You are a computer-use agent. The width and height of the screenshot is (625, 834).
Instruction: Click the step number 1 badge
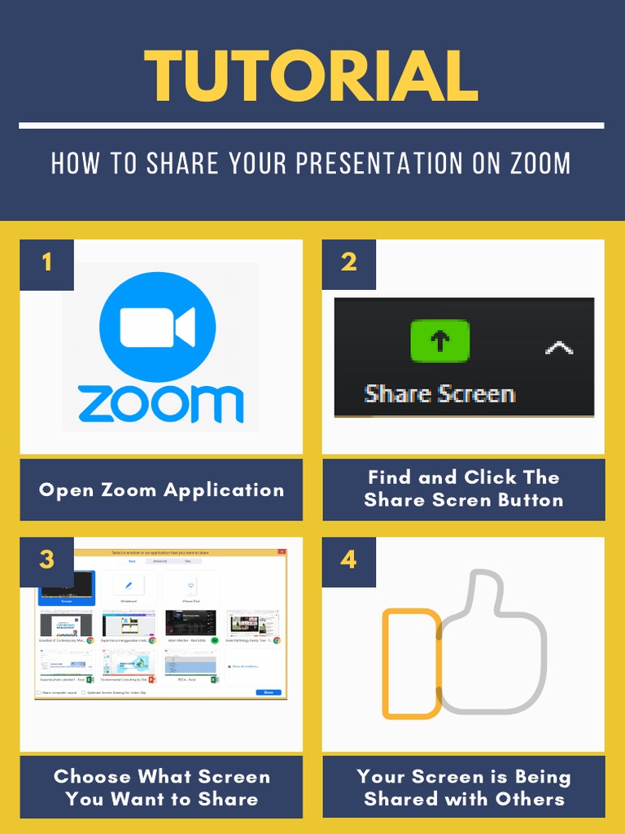pos(46,262)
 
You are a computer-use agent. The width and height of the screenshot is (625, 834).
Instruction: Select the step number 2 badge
pos(348,262)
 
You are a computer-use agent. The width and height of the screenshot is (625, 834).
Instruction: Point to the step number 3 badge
pos(46,560)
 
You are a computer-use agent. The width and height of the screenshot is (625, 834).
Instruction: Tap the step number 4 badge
pos(348,560)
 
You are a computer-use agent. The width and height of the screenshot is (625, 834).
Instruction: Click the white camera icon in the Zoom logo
pos(157,327)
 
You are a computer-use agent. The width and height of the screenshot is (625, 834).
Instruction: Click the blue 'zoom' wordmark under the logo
pos(160,404)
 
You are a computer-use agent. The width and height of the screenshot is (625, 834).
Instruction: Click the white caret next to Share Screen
pos(558,348)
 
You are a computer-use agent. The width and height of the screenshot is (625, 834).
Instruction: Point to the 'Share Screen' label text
pos(439,394)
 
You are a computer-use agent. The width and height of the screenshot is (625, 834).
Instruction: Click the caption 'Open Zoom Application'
pos(161,490)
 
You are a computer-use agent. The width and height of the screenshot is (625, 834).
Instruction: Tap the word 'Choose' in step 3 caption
pos(92,777)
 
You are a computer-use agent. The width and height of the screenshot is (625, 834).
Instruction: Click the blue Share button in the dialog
pos(269,692)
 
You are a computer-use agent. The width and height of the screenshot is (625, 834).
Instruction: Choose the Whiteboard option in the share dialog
pos(129,586)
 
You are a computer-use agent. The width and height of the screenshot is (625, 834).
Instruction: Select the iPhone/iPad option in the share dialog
pos(190,586)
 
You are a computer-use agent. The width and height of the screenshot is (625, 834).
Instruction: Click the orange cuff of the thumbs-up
pos(412,664)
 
